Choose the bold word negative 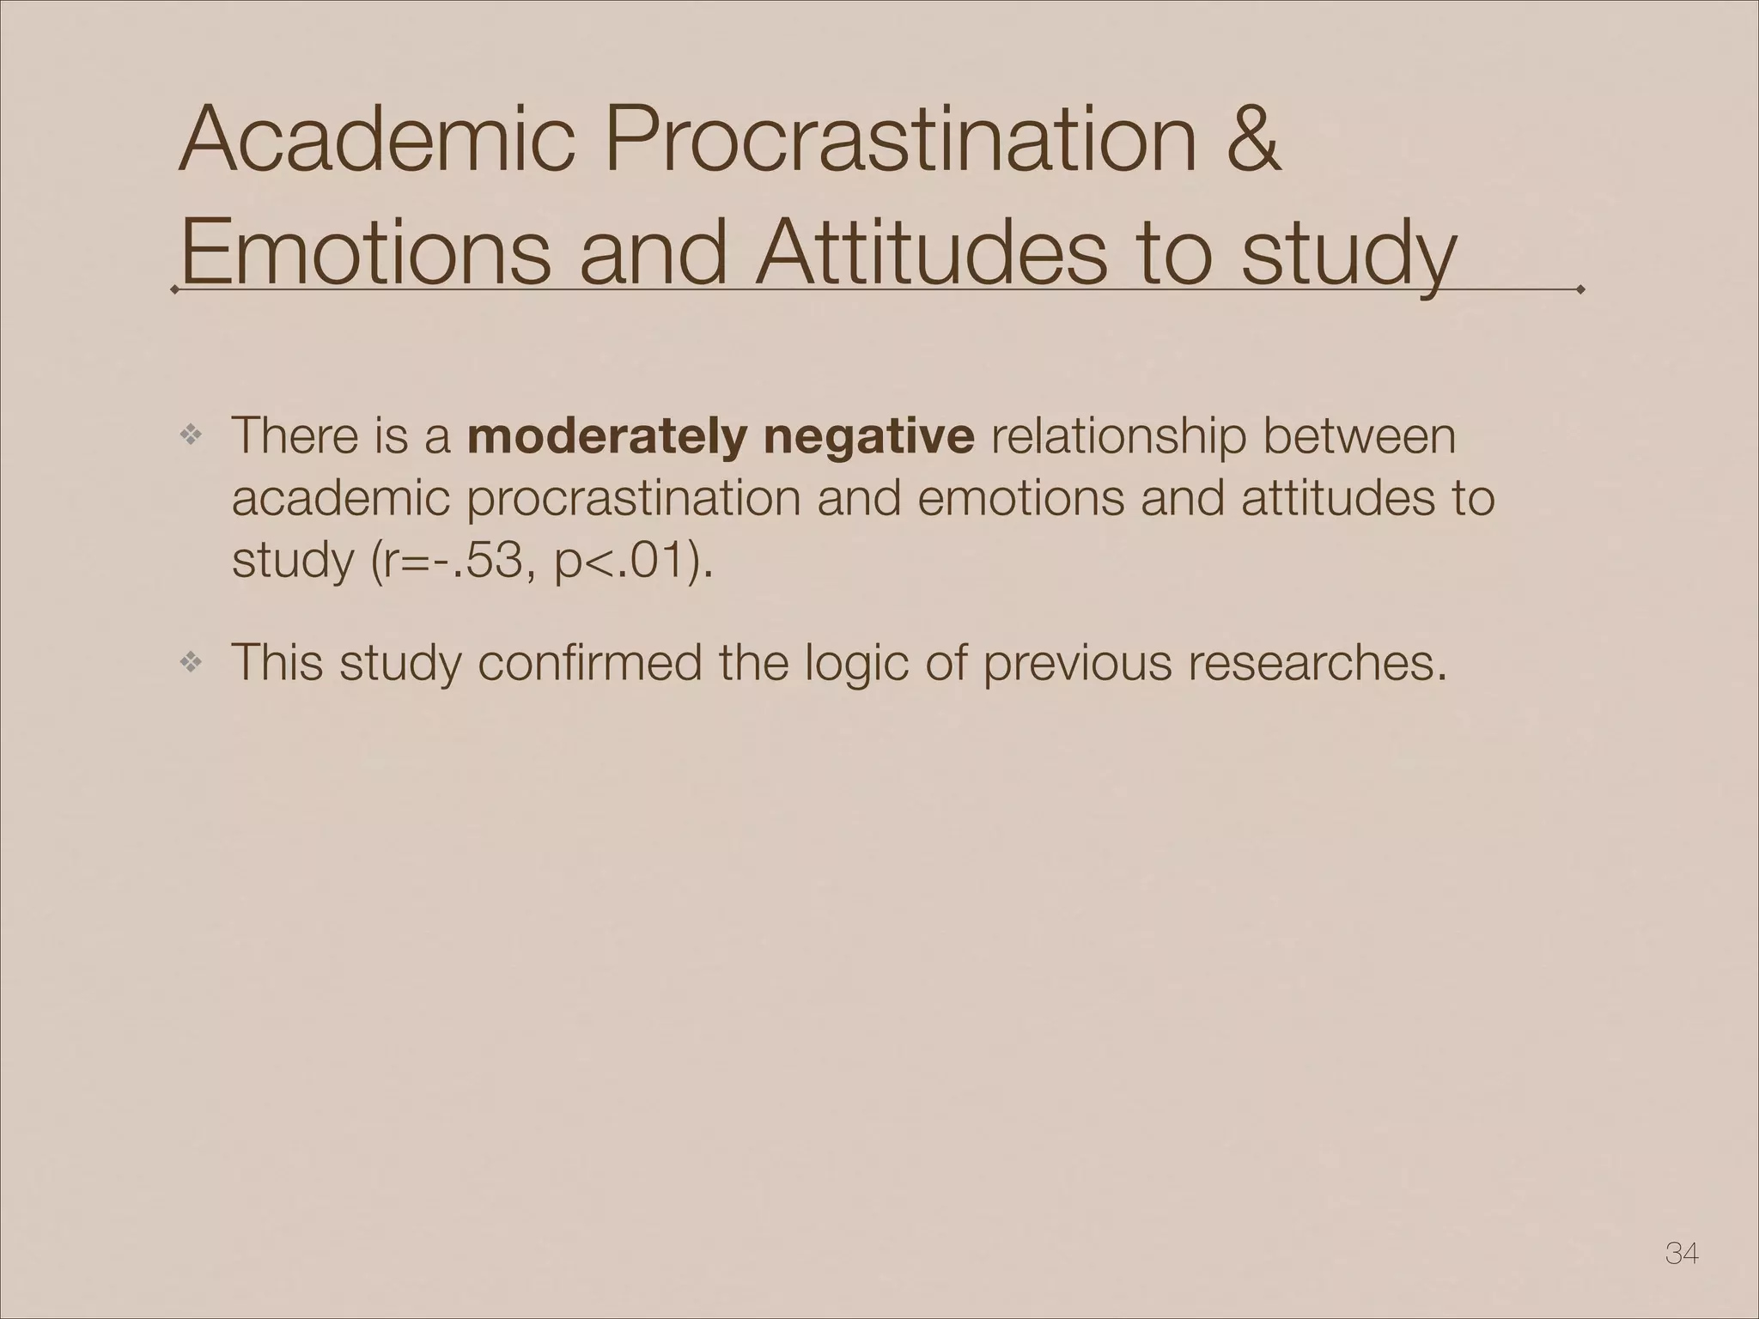(868, 436)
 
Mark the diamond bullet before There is (190, 436)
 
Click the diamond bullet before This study (190, 662)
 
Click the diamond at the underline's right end (1580, 290)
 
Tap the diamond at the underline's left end (175, 290)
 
